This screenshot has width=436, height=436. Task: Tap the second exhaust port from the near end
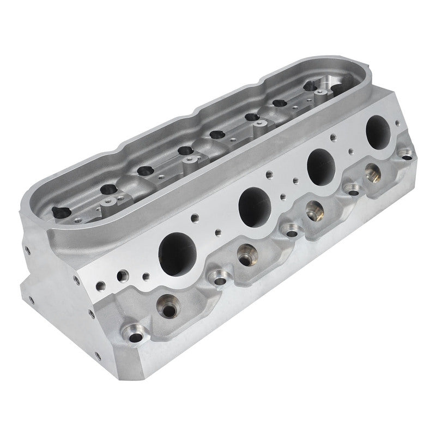pyautogui.click(x=255, y=204)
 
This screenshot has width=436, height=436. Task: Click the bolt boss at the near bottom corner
pyautogui.click(x=131, y=331)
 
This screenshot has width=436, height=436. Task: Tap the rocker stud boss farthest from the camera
pyautogui.click(x=317, y=95)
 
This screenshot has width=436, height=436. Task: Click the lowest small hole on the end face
pyautogui.click(x=98, y=356)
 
